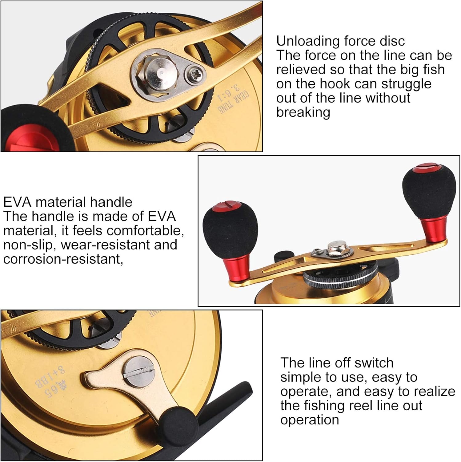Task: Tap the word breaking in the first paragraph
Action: tap(303, 112)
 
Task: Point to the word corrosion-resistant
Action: tap(63, 259)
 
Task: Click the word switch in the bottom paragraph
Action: tap(374, 363)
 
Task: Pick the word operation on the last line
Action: tap(310, 420)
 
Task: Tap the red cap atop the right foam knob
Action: tap(424, 168)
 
